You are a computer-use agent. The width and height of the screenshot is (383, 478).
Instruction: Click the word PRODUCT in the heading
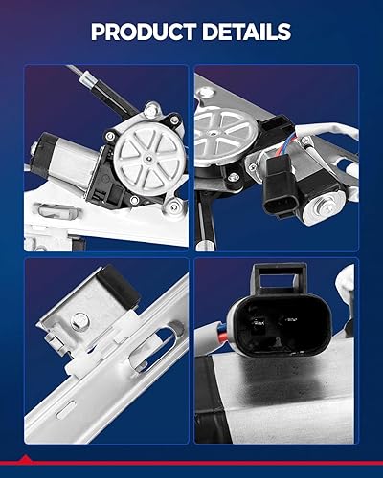(x=141, y=32)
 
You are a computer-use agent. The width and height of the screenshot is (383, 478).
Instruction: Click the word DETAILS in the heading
(x=245, y=32)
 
